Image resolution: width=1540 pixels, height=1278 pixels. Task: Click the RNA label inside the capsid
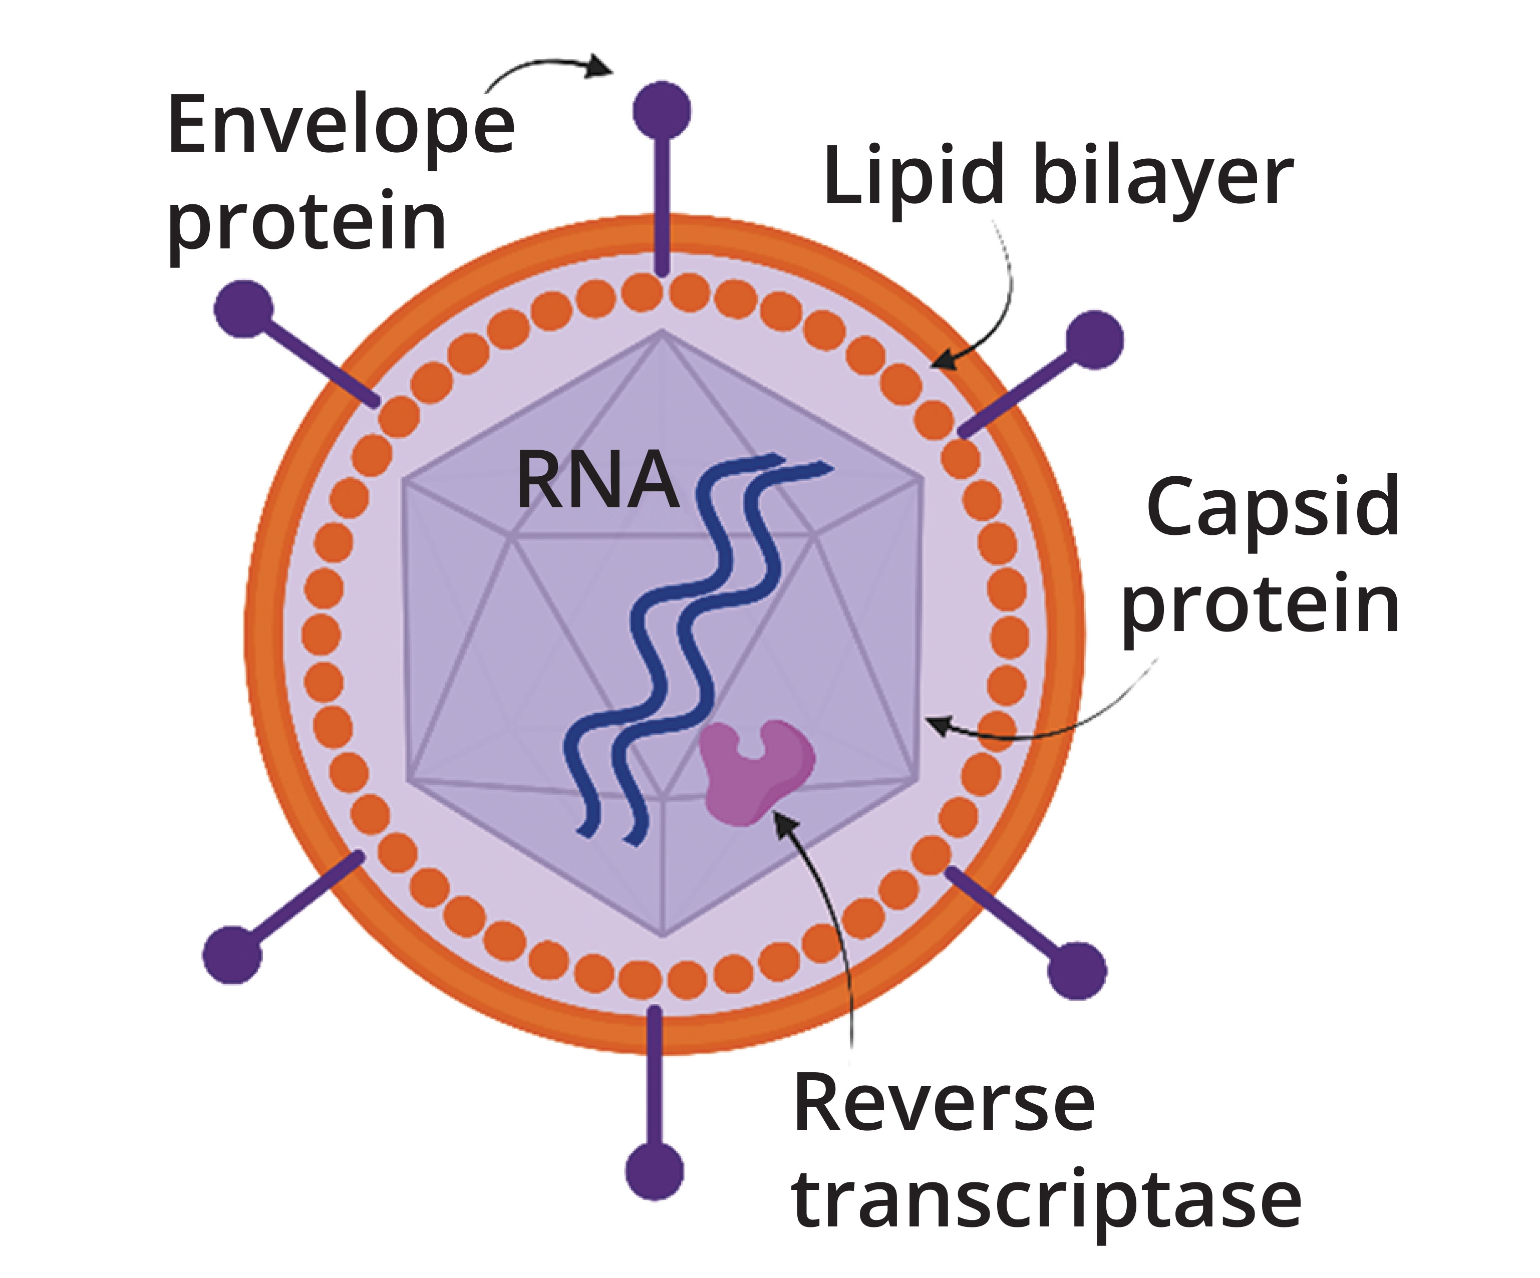[597, 481]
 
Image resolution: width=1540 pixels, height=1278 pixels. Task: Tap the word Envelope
[341, 126]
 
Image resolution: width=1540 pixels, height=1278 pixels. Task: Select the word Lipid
[913, 176]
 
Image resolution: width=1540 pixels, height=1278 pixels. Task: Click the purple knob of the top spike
[662, 110]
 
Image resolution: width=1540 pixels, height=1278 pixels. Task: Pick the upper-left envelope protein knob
[243, 308]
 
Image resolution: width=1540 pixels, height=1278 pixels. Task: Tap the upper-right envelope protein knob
[1094, 340]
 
